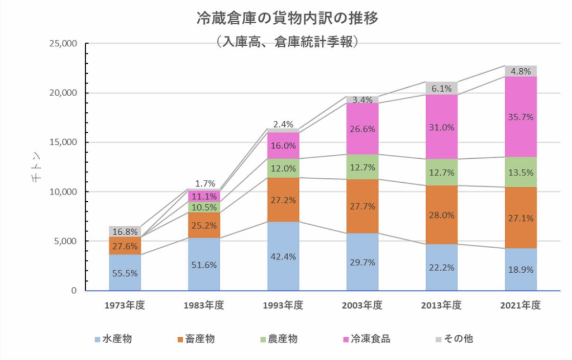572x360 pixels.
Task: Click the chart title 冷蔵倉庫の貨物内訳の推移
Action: [287, 18]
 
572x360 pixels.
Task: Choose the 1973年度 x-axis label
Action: [125, 305]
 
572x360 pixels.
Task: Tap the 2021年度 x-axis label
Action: [521, 305]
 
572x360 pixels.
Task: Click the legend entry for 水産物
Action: [113, 339]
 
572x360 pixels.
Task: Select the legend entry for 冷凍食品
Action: [365, 339]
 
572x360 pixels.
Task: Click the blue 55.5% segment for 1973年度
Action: [125, 273]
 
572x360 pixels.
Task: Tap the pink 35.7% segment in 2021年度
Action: [521, 116]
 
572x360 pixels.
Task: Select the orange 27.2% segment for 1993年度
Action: [283, 199]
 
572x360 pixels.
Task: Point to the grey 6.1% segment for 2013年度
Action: [441, 88]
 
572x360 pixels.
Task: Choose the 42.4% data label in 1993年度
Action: [283, 257]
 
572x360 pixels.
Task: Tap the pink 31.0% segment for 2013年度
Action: [441, 127]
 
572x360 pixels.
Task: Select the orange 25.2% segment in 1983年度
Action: [204, 225]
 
